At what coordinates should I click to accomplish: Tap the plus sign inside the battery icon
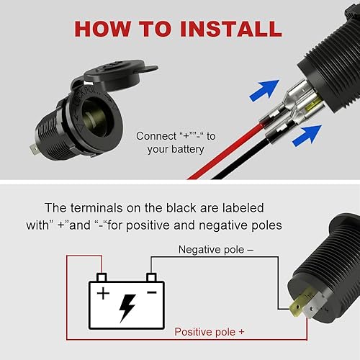(103, 294)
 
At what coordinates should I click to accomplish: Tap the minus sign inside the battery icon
(151, 293)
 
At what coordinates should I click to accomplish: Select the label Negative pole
(213, 250)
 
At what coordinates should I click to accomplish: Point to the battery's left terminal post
(102, 277)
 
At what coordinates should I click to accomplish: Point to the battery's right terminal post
(151, 277)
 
